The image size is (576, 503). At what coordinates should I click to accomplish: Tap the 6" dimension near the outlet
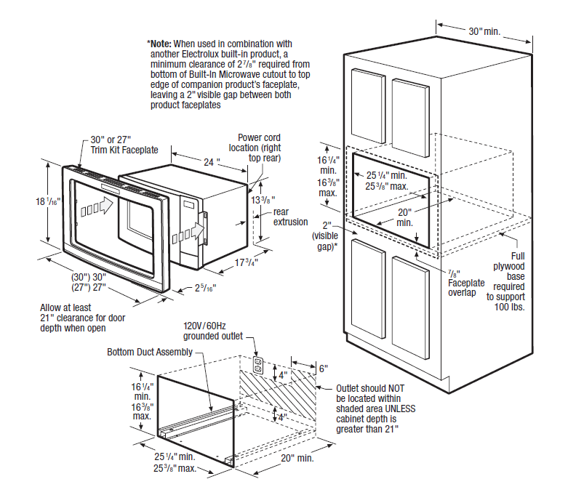point(324,369)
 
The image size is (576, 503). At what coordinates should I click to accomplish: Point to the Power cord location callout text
point(259,148)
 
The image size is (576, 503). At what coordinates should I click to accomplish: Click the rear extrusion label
point(290,217)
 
